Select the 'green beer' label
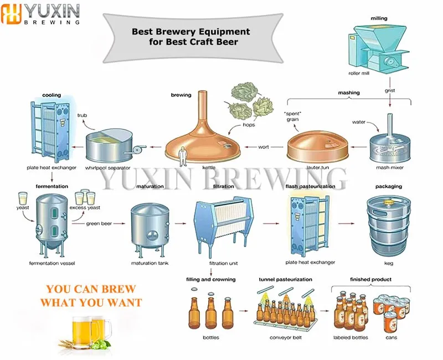click(99, 224)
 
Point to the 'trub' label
click(82, 116)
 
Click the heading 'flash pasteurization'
click(310, 187)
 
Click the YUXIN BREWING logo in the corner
click(42, 14)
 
